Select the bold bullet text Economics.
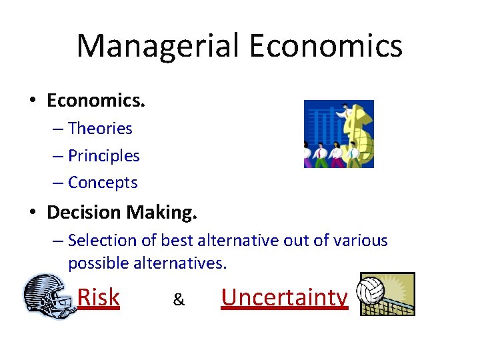click(x=96, y=101)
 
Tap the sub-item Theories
click(x=100, y=128)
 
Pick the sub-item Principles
click(x=104, y=155)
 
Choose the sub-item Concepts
click(x=103, y=182)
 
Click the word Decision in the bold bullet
click(x=85, y=213)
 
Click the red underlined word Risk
click(x=99, y=297)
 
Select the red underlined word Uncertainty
click(x=285, y=297)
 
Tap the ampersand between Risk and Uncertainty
click(x=179, y=300)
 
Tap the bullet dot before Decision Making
click(x=32, y=213)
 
